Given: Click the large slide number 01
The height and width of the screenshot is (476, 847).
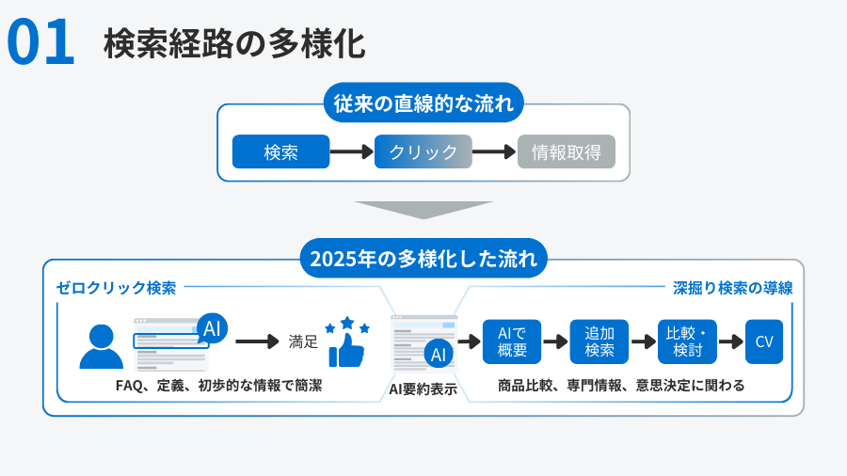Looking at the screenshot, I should tap(40, 43).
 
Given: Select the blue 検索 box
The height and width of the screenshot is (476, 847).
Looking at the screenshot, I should tap(280, 152).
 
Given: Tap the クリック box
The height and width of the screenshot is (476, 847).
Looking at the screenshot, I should tap(423, 152).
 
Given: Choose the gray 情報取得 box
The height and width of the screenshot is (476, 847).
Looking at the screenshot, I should tap(566, 152).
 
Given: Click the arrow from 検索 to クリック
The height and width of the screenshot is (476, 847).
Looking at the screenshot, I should tap(352, 152).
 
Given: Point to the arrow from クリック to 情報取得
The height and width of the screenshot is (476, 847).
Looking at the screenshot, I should tap(494, 152).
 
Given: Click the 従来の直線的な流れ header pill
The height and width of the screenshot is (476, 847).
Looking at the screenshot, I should tap(423, 103).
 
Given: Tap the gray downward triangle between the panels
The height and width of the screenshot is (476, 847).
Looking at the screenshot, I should tap(423, 209).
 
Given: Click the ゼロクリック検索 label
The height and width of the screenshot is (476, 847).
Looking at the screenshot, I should tap(116, 288).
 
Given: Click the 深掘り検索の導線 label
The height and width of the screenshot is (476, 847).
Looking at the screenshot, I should tap(732, 288).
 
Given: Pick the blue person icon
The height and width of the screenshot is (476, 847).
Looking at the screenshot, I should tap(101, 345).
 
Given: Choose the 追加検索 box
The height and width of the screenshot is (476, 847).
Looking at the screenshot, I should tap(599, 341).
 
